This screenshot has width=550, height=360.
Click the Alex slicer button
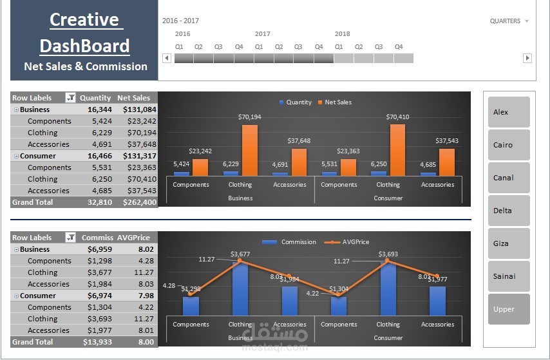509,112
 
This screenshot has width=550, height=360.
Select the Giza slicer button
509,243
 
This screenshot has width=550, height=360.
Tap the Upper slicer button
509,309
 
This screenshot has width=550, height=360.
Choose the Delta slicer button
509,211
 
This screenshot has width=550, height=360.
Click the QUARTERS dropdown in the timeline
509,21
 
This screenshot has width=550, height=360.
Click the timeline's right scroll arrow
527,58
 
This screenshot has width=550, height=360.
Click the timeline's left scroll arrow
166,58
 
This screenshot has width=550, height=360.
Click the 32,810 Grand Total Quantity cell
99,202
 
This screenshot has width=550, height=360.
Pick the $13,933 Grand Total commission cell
97,342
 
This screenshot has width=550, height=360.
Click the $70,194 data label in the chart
249,117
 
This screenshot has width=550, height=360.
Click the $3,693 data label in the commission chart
388,254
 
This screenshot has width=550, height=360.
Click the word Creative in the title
84,20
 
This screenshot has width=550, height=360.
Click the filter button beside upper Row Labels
71,98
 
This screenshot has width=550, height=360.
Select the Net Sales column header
133,98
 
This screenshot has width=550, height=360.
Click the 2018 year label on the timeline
343,34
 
